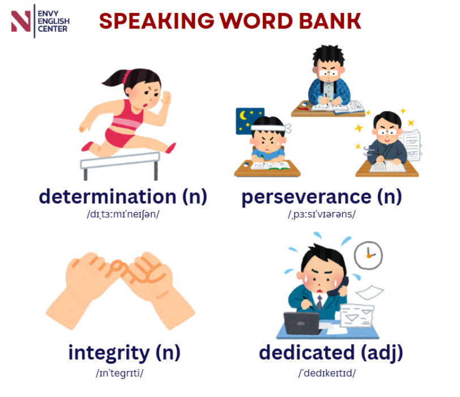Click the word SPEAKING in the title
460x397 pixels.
coord(157,21)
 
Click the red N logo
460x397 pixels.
coord(21,21)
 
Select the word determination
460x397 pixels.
coord(108,196)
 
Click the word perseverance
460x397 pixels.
coord(306,197)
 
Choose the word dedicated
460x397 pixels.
coord(307,352)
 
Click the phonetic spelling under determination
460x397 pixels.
coord(123,214)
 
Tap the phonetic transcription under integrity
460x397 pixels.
coord(120,373)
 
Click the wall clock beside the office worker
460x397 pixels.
coord(368,255)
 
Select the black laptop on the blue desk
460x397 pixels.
coord(302,323)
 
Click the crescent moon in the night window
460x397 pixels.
coord(243,115)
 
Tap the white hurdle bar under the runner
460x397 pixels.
coord(120,160)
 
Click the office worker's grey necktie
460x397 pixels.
coord(320,302)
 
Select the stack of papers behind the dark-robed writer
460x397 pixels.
coord(412,145)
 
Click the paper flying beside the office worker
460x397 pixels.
coord(369,292)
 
